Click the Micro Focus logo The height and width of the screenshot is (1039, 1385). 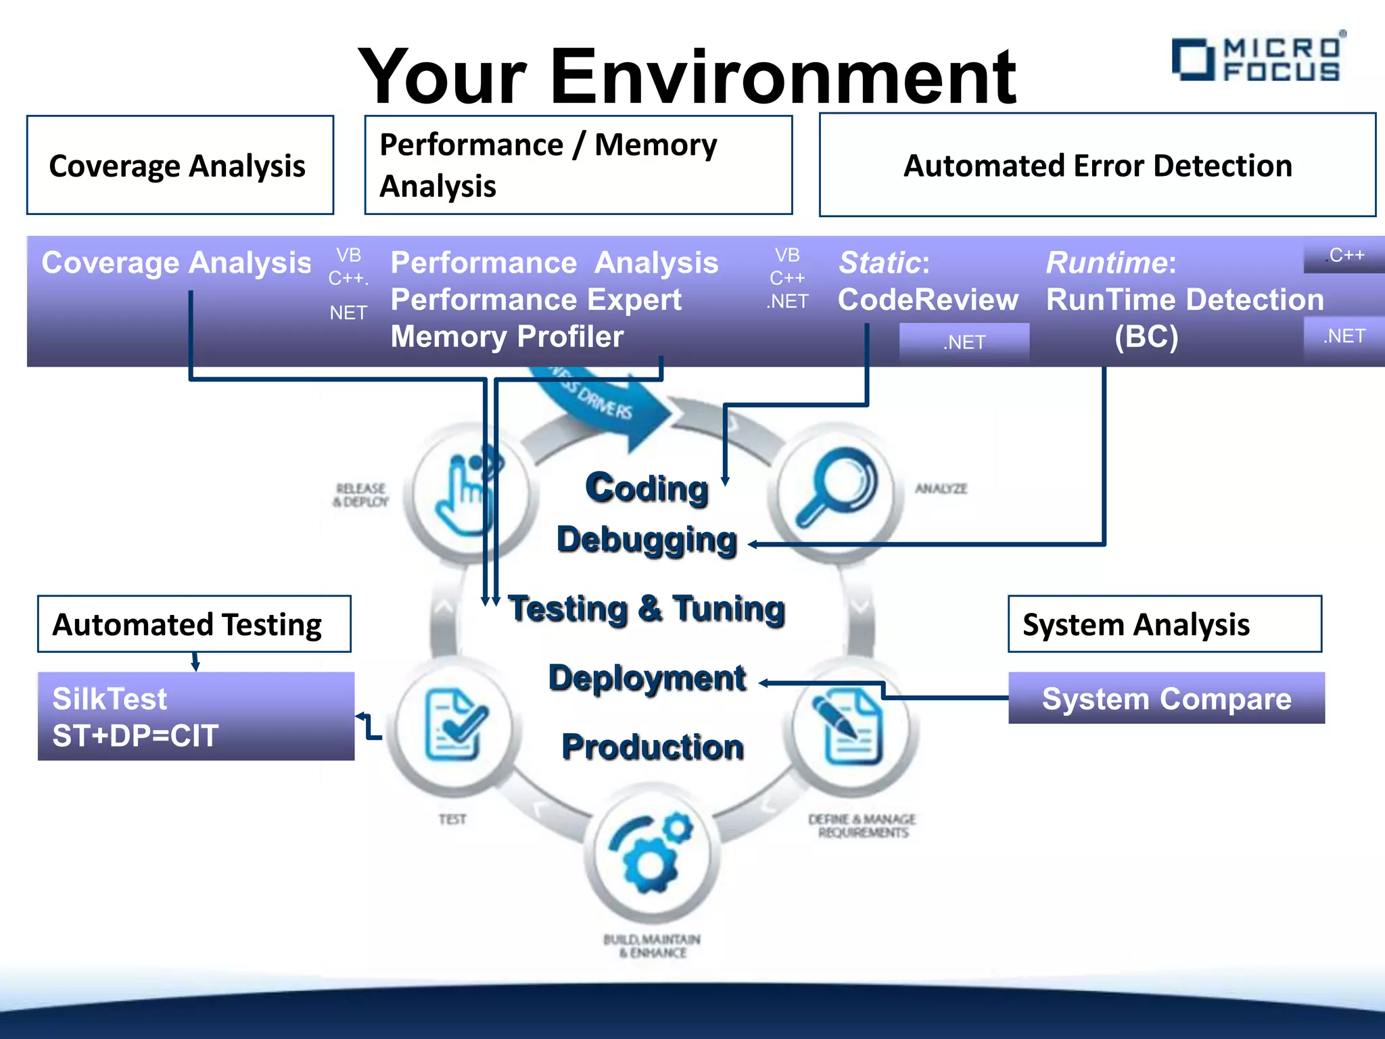pos(1258,59)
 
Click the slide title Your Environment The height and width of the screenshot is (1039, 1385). pos(686,76)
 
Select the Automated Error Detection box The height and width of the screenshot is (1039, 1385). pos(1097,165)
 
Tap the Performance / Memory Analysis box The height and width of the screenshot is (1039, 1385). pos(578,165)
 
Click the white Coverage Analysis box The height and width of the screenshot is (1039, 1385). pos(180,165)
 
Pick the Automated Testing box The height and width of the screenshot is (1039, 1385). pos(194,624)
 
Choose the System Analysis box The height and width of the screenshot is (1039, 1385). pos(1164,624)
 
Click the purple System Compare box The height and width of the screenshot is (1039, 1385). pos(1166,698)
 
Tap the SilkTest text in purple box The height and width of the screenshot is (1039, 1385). pos(110,699)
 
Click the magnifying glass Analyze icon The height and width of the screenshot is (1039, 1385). pos(836,487)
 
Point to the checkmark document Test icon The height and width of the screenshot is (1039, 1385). pos(455,725)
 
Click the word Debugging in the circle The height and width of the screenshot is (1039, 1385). pos(647,540)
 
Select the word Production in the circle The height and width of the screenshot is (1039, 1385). pos(653,747)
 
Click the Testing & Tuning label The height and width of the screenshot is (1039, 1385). pos(647,607)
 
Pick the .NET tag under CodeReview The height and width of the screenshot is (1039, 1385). pos(964,342)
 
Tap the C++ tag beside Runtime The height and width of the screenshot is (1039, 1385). pos(1345,256)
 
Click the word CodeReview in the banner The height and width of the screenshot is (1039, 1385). pos(927,300)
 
